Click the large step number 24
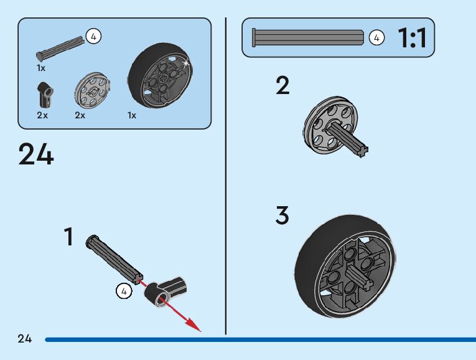(x=36, y=154)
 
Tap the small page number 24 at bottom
(x=25, y=339)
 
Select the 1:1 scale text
(x=412, y=39)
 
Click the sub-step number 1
(x=68, y=237)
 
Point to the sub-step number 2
(x=282, y=86)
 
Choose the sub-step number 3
(x=282, y=216)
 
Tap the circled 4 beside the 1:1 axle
(x=376, y=38)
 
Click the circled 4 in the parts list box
(x=93, y=37)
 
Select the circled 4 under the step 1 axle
(x=124, y=290)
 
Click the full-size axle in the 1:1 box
(x=307, y=38)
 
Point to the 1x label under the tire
(x=132, y=115)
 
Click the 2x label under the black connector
(x=42, y=115)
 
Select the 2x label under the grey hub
(x=80, y=115)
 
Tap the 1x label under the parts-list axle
(x=41, y=67)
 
